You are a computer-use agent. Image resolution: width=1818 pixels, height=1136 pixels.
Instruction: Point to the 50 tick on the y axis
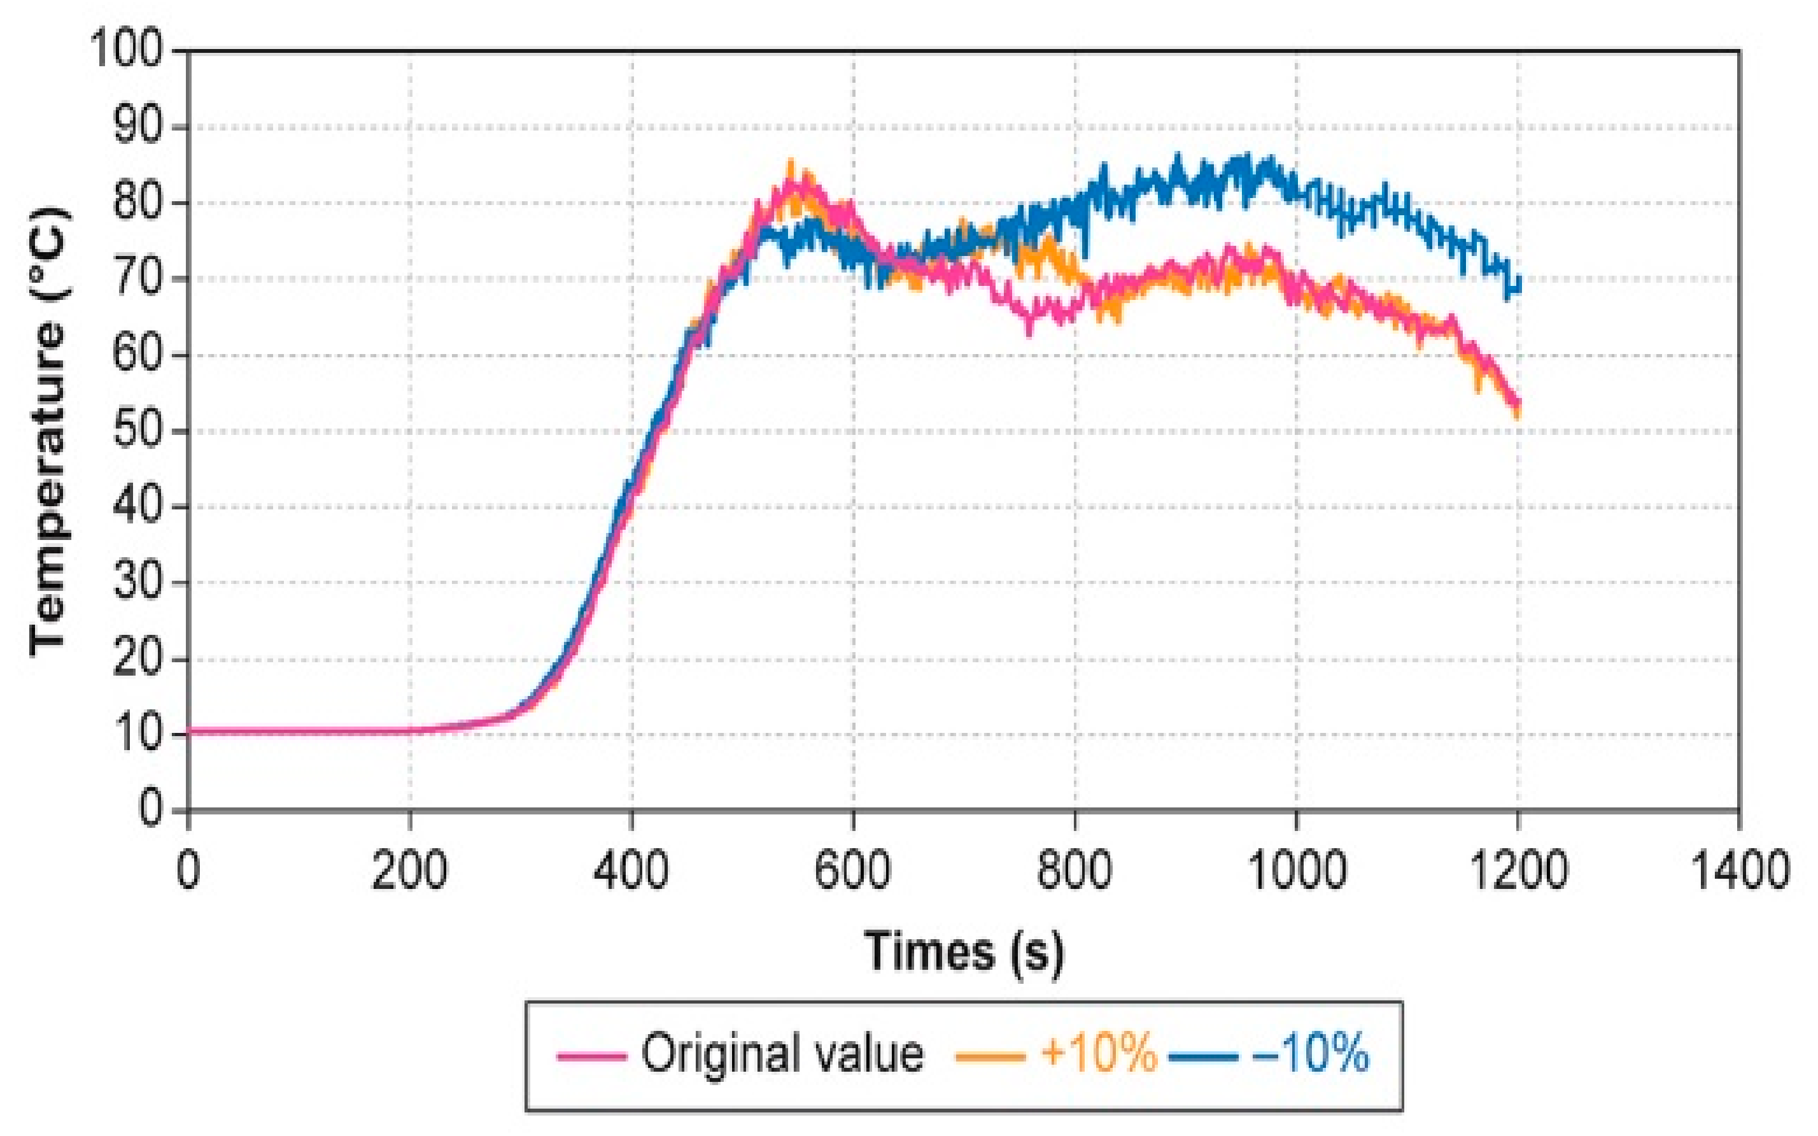[x=137, y=430]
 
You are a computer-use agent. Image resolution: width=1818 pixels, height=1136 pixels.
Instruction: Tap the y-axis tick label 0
[x=150, y=811]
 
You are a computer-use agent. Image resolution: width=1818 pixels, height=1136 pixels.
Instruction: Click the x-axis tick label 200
[x=409, y=870]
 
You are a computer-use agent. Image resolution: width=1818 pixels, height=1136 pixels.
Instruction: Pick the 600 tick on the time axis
[x=853, y=870]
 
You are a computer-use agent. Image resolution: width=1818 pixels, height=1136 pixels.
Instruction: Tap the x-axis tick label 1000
[x=1296, y=870]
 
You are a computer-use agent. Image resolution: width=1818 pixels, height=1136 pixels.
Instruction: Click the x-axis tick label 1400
[x=1739, y=870]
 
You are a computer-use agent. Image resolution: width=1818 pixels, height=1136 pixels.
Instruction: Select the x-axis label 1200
[x=1518, y=870]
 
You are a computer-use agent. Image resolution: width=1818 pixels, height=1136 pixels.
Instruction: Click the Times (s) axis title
[x=964, y=952]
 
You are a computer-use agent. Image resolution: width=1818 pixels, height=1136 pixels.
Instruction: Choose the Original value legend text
[x=782, y=1054]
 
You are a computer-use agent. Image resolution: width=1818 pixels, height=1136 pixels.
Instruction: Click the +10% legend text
[x=1098, y=1054]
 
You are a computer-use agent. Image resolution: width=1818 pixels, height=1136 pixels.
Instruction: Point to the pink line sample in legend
[x=592, y=1056]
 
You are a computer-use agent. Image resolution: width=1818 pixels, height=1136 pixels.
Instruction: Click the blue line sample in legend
[x=1203, y=1056]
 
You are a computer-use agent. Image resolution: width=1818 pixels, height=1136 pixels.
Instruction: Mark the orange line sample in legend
[x=990, y=1056]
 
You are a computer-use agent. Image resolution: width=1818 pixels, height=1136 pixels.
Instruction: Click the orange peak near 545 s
[x=791, y=164]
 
